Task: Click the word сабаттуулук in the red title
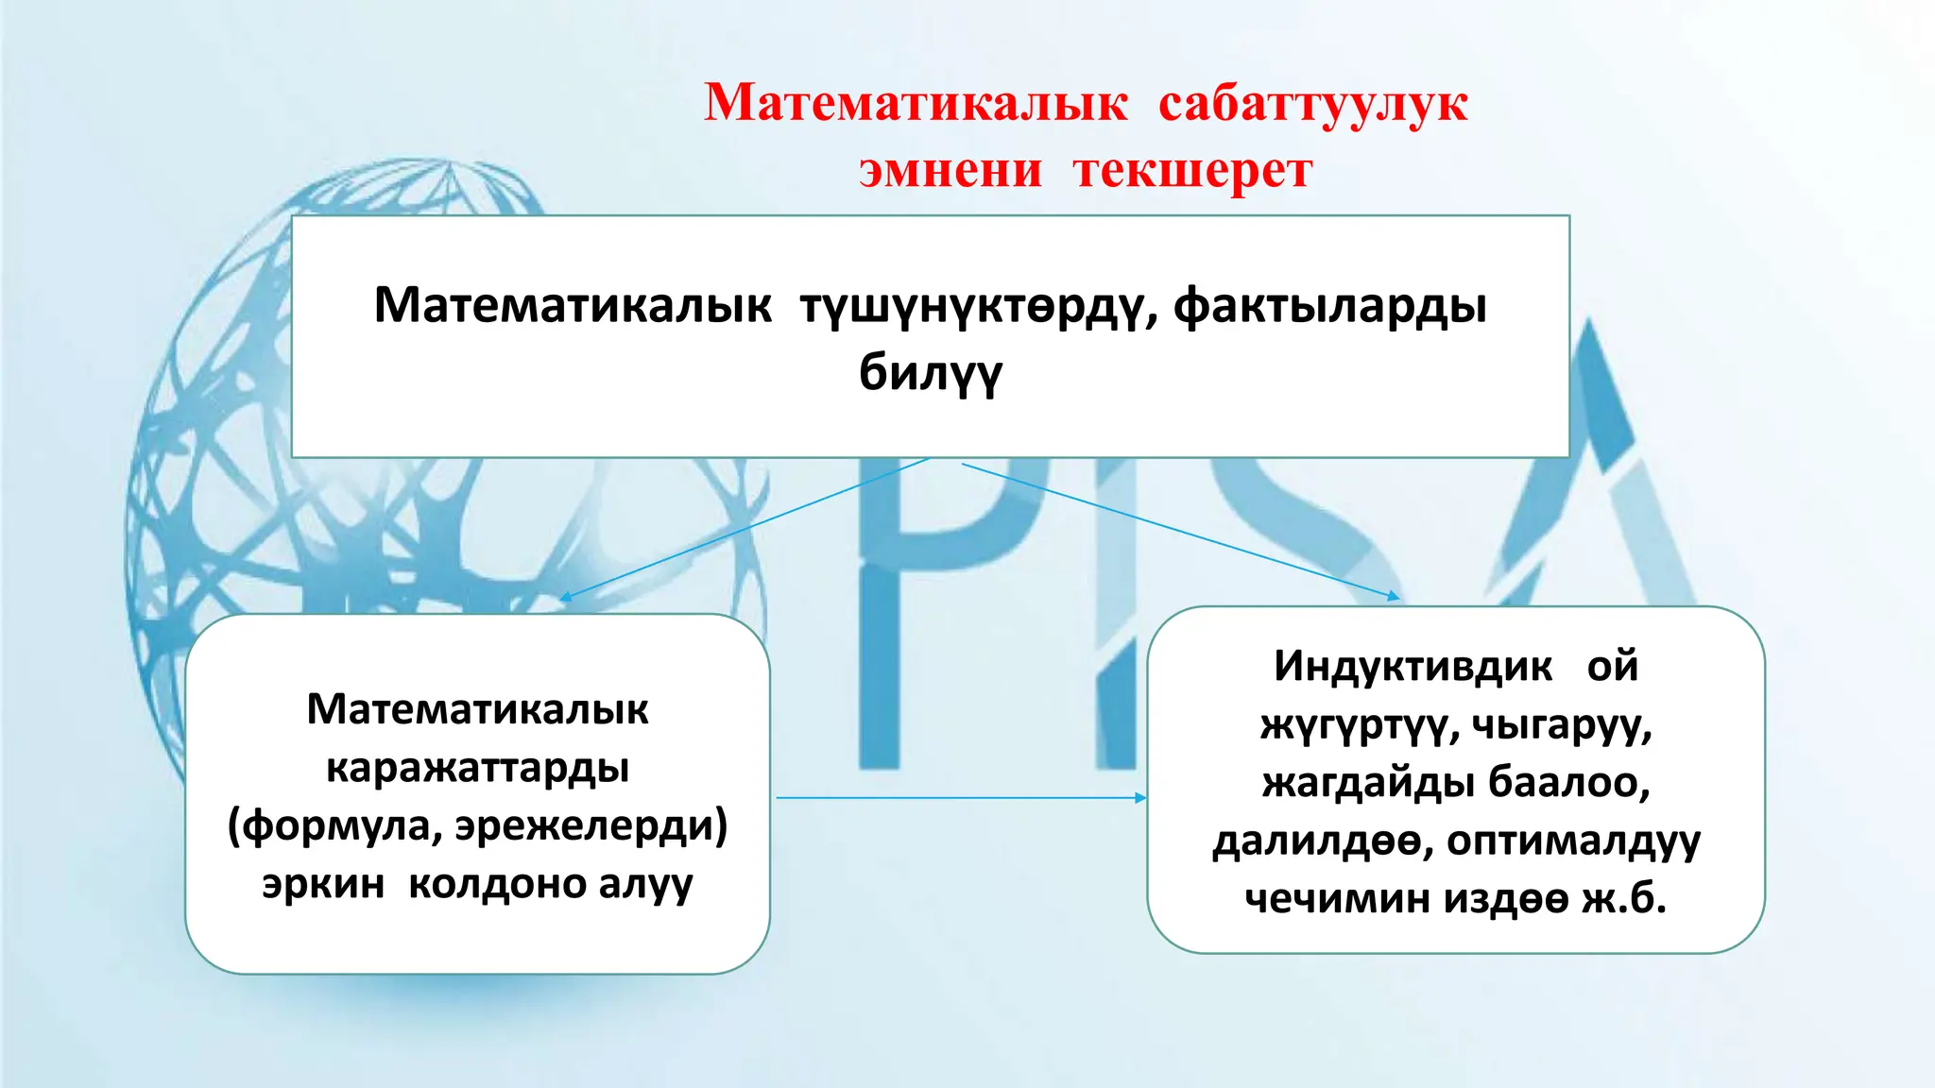1312,103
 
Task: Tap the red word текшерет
1192,171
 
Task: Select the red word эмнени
950,171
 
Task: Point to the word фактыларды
1330,306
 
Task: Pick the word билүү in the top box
930,372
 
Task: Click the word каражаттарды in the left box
477,768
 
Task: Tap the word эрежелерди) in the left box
591,826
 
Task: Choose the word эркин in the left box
323,884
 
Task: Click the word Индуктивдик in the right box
1413,666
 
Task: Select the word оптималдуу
1573,840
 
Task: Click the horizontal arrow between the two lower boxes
959,798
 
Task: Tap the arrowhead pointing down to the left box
565,597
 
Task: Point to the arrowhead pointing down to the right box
1394,597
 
